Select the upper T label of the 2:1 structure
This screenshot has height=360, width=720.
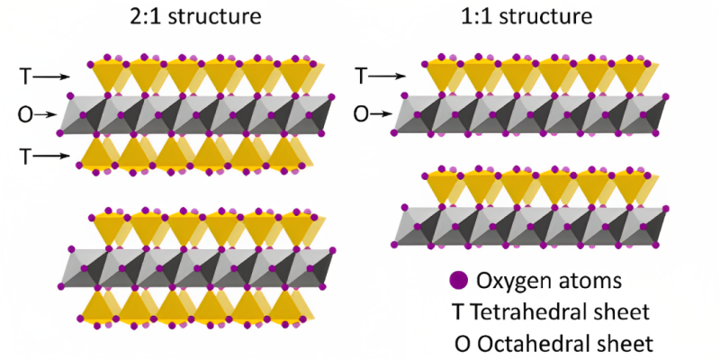[x=24, y=77]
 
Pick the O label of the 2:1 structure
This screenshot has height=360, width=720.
[x=25, y=114]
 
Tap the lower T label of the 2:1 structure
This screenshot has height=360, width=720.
[x=24, y=156]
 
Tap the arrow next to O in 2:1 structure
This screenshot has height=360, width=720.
[x=50, y=114]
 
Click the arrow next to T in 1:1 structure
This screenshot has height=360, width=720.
[x=388, y=77]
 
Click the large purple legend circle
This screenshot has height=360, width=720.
[x=458, y=281]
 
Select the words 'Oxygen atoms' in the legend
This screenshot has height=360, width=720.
[x=550, y=281]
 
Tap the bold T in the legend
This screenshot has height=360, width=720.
[x=465, y=312]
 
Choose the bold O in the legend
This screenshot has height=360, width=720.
[x=467, y=344]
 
